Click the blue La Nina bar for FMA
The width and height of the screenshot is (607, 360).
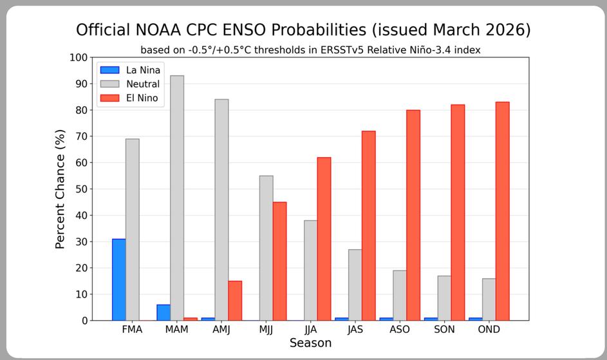tap(119, 279)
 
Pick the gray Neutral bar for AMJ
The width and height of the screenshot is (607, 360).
tap(221, 209)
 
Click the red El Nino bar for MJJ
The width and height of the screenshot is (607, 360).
tap(279, 261)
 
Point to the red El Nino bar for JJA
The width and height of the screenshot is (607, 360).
tap(324, 238)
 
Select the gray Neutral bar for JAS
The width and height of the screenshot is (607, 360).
tap(355, 285)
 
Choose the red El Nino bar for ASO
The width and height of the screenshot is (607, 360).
tap(413, 215)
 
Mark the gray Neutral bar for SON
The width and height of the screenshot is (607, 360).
tap(444, 298)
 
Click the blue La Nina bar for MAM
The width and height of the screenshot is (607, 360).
tap(163, 312)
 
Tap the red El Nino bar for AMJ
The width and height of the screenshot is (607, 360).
tap(235, 300)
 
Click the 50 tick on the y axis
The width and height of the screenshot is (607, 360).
tap(81, 189)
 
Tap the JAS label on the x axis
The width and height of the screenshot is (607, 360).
tap(355, 329)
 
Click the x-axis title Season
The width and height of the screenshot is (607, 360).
tap(310, 343)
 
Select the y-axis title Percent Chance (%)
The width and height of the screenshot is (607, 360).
tap(60, 189)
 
